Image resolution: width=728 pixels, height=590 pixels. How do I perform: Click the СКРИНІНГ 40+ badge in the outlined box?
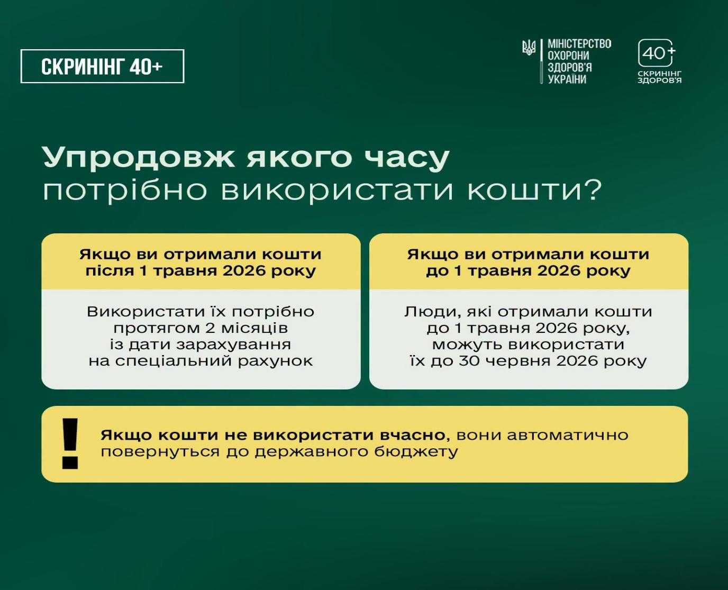(x=102, y=66)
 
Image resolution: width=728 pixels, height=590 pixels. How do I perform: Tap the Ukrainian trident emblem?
(x=529, y=48)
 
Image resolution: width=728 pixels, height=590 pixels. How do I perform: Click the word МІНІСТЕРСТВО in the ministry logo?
(x=580, y=44)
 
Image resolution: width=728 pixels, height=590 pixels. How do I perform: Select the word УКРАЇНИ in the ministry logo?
(x=567, y=79)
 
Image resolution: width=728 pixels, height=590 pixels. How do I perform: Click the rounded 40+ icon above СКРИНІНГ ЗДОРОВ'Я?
(x=656, y=53)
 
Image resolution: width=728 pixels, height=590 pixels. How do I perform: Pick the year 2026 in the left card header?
(x=244, y=271)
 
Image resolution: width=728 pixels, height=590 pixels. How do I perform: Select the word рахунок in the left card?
(x=275, y=361)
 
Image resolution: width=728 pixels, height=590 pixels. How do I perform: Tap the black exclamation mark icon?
(x=70, y=443)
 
